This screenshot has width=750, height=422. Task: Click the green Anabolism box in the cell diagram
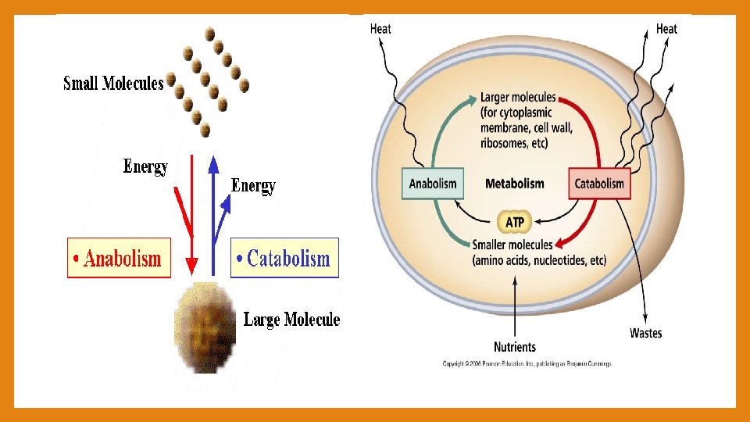[x=433, y=184]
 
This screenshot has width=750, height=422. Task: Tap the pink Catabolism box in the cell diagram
[x=599, y=184]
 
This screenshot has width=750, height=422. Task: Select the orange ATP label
[x=515, y=223]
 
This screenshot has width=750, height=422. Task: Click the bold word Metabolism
[x=514, y=184]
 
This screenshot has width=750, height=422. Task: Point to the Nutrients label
[x=515, y=346]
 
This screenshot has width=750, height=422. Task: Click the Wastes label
[x=645, y=333]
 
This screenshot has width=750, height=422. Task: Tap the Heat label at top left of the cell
[x=380, y=29]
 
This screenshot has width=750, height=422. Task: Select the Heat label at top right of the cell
[x=666, y=29]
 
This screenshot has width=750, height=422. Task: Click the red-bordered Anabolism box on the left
[x=119, y=258]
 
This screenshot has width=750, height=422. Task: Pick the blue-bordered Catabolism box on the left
[x=285, y=258]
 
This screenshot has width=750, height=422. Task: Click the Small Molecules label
[x=113, y=83]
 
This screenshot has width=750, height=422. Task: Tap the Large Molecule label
[x=291, y=319]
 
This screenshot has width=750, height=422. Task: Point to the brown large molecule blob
[x=205, y=327]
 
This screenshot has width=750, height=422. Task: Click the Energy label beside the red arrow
[x=145, y=166]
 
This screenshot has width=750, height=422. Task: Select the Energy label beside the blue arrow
[x=253, y=186]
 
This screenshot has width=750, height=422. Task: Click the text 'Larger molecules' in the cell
[x=518, y=98]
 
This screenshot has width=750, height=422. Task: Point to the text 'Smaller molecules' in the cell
[x=512, y=245]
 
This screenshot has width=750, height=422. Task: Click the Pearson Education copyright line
[x=527, y=363]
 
